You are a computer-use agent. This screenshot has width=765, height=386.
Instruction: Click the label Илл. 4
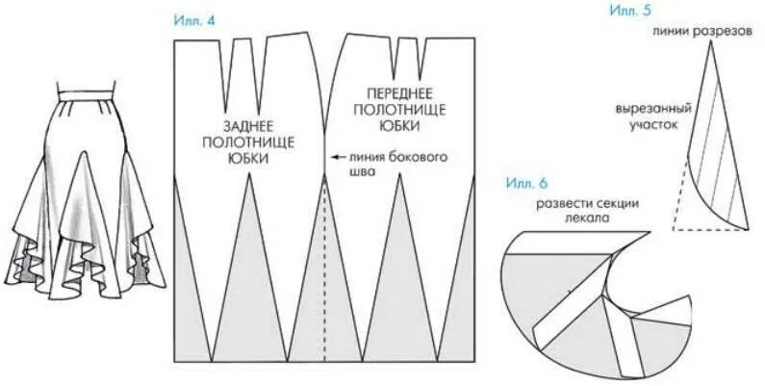pyautogui.click(x=193, y=21)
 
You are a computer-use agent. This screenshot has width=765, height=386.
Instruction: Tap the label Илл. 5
pyautogui.click(x=630, y=11)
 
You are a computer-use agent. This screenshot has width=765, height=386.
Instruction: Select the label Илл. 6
pyautogui.click(x=525, y=183)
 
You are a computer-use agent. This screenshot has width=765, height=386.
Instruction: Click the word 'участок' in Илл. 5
pyautogui.click(x=657, y=124)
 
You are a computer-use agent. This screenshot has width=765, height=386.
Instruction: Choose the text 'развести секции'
pyautogui.click(x=580, y=204)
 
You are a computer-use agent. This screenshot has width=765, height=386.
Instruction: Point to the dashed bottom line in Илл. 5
pyautogui.click(x=709, y=230)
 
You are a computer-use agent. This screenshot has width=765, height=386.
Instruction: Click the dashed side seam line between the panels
pyautogui.click(x=324, y=270)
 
